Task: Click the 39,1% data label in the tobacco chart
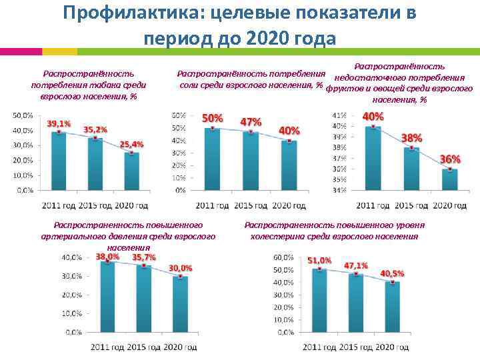(x=59, y=124)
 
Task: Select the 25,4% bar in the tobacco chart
(x=132, y=172)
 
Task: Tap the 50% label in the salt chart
(x=213, y=118)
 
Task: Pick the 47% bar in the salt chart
(x=251, y=161)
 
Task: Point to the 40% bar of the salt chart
(x=289, y=165)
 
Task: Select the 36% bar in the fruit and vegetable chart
(x=450, y=180)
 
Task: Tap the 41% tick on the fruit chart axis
(x=339, y=115)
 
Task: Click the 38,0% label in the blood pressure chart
(x=108, y=256)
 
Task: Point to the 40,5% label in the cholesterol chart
(x=392, y=273)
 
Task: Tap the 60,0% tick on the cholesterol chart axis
(x=283, y=257)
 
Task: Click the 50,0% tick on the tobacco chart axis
(x=25, y=115)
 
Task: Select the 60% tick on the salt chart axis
(x=179, y=115)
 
